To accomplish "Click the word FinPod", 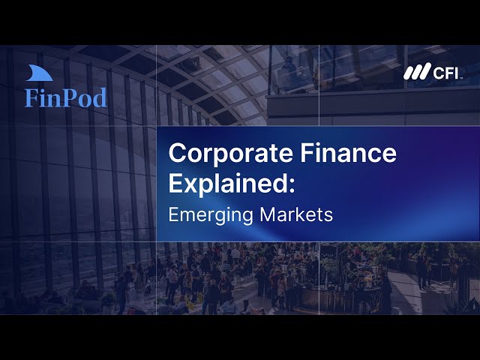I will point(65,97).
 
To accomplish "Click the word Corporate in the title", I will point(218,154).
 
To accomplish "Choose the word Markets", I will point(296,213).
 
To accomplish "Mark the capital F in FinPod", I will point(31,97).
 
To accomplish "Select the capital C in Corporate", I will point(177,154).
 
